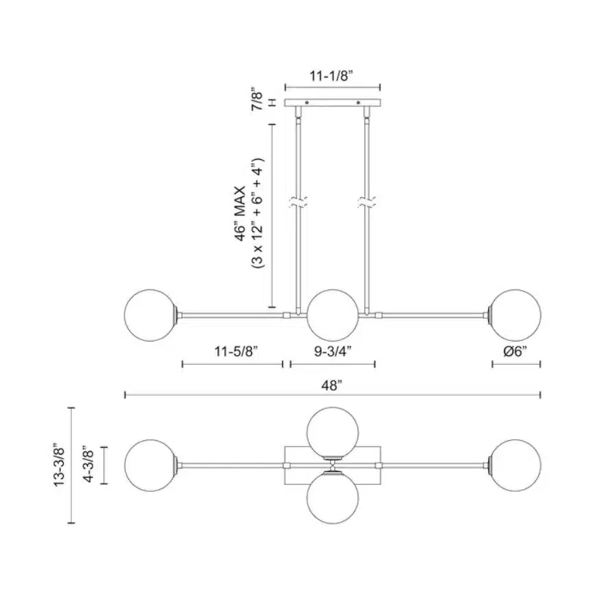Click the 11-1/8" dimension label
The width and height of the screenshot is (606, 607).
pyautogui.click(x=331, y=76)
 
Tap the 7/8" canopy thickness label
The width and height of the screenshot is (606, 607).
pyautogui.click(x=257, y=99)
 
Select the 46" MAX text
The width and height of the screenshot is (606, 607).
pyautogui.click(x=241, y=214)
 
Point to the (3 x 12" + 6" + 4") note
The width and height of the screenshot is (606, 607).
pyautogui.click(x=257, y=213)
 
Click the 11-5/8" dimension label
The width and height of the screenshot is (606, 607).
pyautogui.click(x=236, y=351)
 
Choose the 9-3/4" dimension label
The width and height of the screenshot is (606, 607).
pyautogui.click(x=333, y=351)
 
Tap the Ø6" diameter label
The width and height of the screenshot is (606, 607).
pyautogui.click(x=515, y=351)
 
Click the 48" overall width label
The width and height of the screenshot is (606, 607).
pyautogui.click(x=332, y=385)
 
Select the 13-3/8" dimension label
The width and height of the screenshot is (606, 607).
pyautogui.click(x=60, y=464)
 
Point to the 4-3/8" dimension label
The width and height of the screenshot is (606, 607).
pyautogui.click(x=89, y=464)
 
